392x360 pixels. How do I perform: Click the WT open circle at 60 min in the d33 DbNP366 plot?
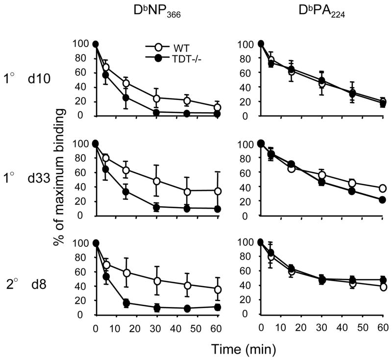tap(217, 191)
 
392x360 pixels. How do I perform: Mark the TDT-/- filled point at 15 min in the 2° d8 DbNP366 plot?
tap(126, 303)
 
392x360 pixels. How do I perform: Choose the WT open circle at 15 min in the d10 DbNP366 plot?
tap(126, 83)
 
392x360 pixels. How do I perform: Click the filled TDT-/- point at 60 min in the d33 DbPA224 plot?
tap(382, 200)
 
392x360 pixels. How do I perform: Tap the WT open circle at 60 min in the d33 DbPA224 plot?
tap(382, 189)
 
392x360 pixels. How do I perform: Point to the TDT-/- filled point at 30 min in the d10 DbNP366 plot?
tap(156, 112)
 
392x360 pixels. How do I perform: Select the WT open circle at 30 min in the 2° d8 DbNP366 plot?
tap(156, 281)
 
